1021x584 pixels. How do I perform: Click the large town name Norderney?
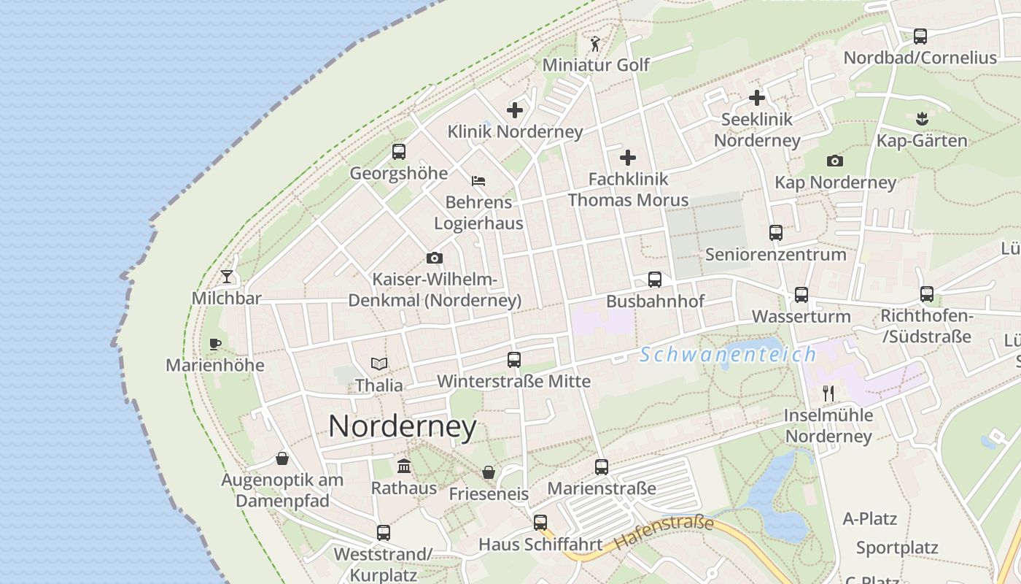403,426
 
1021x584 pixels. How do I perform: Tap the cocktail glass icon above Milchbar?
227,277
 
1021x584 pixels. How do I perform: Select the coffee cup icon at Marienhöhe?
214,343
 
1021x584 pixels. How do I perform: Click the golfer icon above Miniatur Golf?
595,44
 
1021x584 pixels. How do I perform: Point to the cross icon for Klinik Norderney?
515,110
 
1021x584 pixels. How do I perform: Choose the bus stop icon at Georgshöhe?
398,152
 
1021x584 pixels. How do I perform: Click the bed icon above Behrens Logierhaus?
478,180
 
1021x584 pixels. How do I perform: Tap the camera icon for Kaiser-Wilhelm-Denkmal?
435,258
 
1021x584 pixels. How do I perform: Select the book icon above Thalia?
378,363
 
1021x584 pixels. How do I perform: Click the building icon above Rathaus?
404,466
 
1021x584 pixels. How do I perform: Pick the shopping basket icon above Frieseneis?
489,472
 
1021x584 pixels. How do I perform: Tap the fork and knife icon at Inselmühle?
828,393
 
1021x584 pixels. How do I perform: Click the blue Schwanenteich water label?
728,355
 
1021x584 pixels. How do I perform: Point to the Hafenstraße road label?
664,532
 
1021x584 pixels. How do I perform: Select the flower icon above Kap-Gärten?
922,118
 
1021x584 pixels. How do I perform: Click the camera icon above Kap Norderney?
835,161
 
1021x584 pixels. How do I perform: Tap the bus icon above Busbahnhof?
655,279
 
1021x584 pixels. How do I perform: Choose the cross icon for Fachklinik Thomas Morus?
628,157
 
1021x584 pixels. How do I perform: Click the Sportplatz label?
897,547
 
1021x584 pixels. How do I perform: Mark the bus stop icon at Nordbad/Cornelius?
920,36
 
